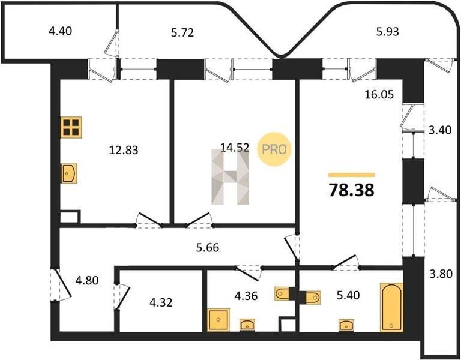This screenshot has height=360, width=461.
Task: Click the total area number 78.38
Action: coord(351,190)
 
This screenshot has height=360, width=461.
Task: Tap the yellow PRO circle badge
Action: coord(274,149)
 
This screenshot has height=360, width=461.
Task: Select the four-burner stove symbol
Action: coord(71,127)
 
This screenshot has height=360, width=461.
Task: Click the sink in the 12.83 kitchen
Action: coord(69,173)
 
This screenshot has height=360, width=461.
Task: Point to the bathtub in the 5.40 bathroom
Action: coord(391,307)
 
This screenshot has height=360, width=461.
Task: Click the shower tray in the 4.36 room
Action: coord(218,320)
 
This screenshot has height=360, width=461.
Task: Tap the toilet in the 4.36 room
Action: coord(282,293)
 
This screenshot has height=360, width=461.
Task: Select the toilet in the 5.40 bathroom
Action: coord(312,297)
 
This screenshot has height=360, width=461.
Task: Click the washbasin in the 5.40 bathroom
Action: coord(346,325)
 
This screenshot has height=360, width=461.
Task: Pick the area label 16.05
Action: coord(379,95)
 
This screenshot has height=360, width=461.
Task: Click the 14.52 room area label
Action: coord(235,147)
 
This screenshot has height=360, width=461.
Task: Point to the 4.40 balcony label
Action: coord(60,31)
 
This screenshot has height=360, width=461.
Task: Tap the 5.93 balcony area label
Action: coord(388,31)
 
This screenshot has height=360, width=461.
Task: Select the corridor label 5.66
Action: coord(208,248)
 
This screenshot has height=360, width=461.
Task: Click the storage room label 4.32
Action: coord(161,302)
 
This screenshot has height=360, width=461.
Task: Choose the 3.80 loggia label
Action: coord(441,274)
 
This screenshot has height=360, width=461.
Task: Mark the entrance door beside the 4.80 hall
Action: coord(60,284)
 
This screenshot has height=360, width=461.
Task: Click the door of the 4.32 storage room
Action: coord(122,296)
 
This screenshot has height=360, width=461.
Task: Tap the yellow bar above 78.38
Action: coord(351,175)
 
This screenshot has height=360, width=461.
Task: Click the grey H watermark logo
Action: coord(230,177)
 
